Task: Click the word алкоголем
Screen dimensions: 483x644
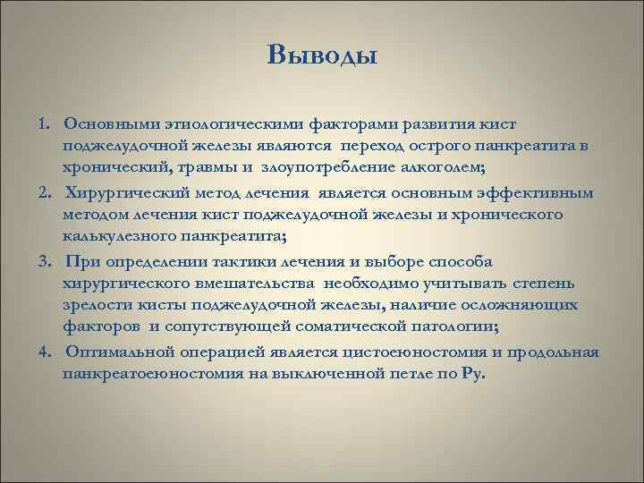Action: (422, 166)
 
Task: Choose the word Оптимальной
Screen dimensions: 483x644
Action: (121, 352)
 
